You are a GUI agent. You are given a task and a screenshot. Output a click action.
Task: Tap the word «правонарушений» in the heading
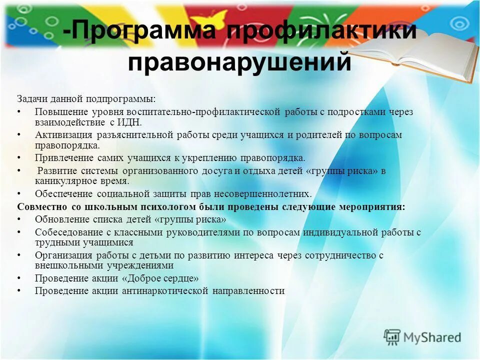click(x=240, y=63)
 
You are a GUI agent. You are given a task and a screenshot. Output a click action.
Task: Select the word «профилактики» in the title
click(x=320, y=31)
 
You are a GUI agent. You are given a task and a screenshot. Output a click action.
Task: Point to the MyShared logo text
click(x=433, y=337)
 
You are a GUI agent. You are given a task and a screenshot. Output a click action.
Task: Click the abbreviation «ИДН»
click(x=130, y=122)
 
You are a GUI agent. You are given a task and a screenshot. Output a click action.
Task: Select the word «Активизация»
click(x=63, y=135)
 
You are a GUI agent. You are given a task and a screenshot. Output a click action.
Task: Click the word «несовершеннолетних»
click(x=268, y=194)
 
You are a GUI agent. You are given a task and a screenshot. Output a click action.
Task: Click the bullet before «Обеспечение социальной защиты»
click(x=19, y=194)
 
